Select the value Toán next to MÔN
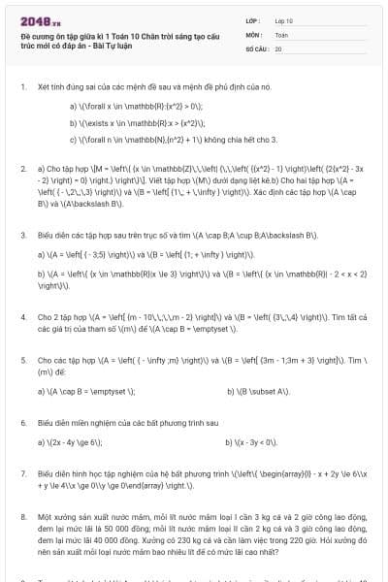click(281, 34)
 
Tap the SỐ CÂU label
click(256, 48)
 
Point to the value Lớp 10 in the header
click(283, 19)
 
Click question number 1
click(22, 86)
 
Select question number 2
click(22, 168)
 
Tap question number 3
click(22, 235)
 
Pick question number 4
click(22, 316)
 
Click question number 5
click(22, 358)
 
